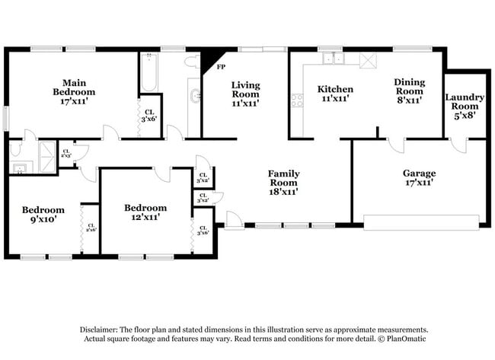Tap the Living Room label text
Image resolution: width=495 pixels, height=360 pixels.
[246, 94]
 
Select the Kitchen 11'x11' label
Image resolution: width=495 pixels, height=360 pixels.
[334, 94]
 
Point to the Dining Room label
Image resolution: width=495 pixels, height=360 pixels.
[408, 91]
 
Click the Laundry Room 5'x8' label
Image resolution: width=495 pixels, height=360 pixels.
[465, 106]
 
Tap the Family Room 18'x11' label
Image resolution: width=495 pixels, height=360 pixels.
[283, 183]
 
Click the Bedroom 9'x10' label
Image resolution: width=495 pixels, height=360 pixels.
[43, 214]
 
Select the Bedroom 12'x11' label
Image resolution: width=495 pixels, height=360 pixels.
[145, 212]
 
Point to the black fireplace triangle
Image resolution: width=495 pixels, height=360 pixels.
[208, 60]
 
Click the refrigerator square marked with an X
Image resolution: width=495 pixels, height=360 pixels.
[367, 60]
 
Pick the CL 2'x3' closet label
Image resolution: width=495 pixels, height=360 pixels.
[65, 152]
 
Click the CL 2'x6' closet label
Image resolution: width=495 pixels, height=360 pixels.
[91, 226]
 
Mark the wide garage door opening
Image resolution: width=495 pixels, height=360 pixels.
[421, 222]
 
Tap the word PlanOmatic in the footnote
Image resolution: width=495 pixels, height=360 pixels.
[401, 338]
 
